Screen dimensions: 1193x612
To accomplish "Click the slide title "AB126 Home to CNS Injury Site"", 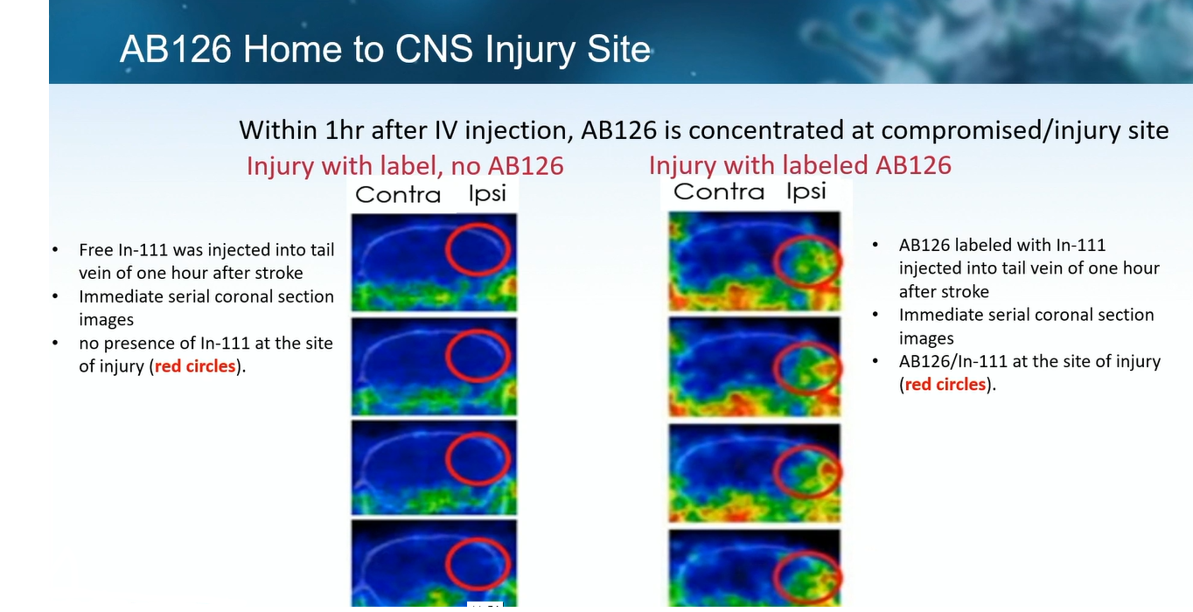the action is pyautogui.click(x=385, y=50).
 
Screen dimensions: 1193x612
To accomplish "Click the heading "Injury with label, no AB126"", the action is pyautogui.click(x=405, y=165).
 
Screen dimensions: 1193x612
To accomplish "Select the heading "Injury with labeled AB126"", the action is pyautogui.click(x=800, y=165).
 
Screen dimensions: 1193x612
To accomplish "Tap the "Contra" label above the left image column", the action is pyautogui.click(x=398, y=195).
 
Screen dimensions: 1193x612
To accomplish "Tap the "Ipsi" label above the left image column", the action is pyautogui.click(x=487, y=194).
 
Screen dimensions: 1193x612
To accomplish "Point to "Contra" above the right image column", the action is pyautogui.click(x=718, y=191).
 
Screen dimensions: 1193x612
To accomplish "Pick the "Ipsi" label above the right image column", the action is pyautogui.click(x=806, y=191).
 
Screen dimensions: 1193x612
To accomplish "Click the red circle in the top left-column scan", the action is pyautogui.click(x=446, y=249).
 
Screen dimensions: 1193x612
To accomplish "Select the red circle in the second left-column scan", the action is pyautogui.click(x=446, y=356).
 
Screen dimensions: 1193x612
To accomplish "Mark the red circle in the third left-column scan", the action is pyautogui.click(x=446, y=459).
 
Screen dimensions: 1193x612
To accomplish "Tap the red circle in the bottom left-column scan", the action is pyautogui.click(x=446, y=564).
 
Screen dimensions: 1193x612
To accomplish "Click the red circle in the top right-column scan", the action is pyautogui.click(x=774, y=261).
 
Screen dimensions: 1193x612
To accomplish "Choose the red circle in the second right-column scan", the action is pyautogui.click(x=774, y=368).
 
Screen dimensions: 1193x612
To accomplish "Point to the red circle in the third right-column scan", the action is pyautogui.click(x=774, y=471).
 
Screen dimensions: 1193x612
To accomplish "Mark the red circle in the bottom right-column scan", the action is pyautogui.click(x=774, y=577).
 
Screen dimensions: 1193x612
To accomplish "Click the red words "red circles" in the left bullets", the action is pyautogui.click(x=195, y=366).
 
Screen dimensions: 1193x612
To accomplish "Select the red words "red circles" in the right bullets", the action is pyautogui.click(x=945, y=384).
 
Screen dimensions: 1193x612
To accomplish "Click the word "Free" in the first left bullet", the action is pyautogui.click(x=96, y=249).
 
